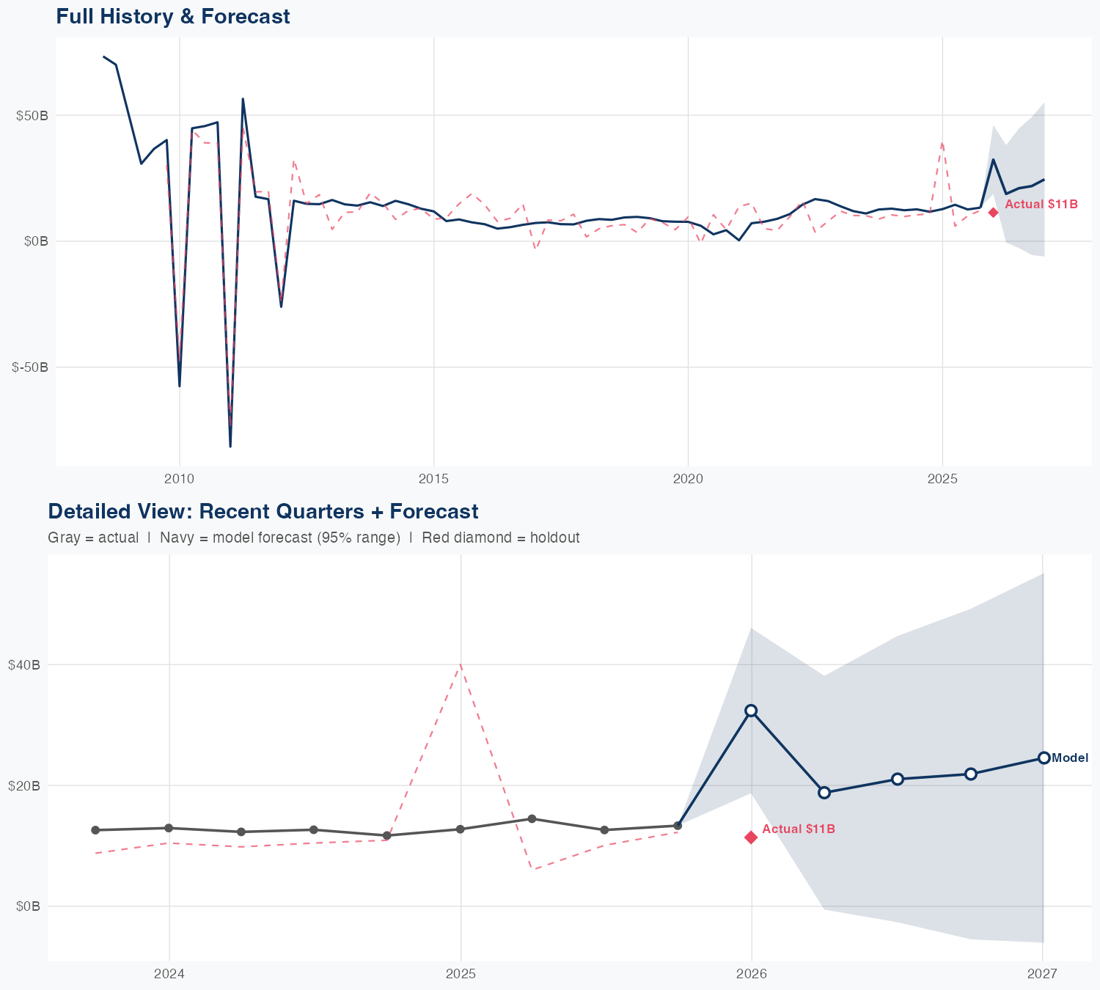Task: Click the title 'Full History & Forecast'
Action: coord(173,17)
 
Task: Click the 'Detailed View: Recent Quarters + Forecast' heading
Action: coord(263,511)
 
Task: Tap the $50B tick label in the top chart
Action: coord(32,116)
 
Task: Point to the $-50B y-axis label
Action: coord(30,367)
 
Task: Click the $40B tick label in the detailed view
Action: coord(24,665)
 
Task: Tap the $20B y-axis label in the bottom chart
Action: coord(24,786)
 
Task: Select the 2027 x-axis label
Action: coord(1042,974)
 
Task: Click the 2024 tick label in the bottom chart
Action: coord(169,974)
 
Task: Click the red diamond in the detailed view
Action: coord(751,837)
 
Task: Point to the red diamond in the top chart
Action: coord(993,213)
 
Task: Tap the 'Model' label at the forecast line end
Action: coord(1070,758)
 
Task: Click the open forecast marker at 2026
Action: coord(751,711)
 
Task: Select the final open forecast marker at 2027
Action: coord(1044,758)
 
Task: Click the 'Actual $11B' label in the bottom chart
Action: coord(799,829)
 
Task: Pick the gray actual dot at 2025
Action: coord(461,829)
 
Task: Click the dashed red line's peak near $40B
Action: coord(461,664)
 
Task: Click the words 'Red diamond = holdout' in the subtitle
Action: coord(501,538)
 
